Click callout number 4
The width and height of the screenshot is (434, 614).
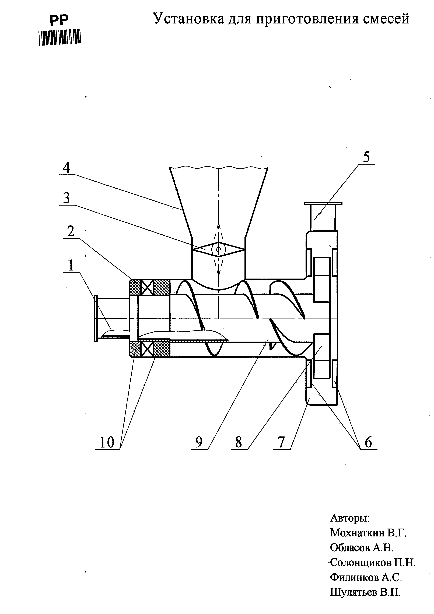click(66, 168)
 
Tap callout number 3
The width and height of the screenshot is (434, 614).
click(66, 198)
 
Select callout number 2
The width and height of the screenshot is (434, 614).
click(71, 231)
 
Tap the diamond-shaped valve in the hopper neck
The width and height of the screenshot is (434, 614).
click(219, 249)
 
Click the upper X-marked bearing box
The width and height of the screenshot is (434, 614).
click(147, 287)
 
